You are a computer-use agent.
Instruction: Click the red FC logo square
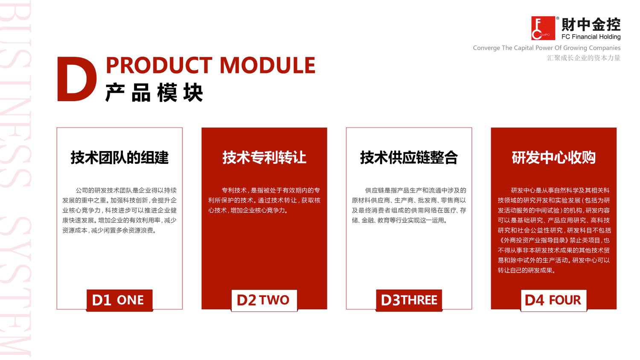pos(543,28)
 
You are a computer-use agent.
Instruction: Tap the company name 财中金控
pos(591,25)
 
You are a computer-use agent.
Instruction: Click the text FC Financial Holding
pos(591,37)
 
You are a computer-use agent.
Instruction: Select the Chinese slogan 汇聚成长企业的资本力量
pos(584,58)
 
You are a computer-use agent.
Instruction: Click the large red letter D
pos(76,79)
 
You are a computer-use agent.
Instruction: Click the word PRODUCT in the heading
pos(159,65)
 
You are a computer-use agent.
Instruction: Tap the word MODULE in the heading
pos(268,65)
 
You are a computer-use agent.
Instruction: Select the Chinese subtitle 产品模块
pos(154,93)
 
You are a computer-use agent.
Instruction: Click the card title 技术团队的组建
pos(119,157)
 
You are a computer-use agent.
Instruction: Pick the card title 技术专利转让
pos(264,157)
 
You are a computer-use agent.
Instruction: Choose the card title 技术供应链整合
pos(409,157)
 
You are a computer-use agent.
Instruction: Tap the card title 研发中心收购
pos(553,157)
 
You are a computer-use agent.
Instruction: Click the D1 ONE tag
pos(119,300)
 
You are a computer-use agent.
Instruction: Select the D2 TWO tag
pos(264,300)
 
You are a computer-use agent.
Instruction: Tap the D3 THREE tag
pos(409,300)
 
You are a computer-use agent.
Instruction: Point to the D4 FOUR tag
pos(553,300)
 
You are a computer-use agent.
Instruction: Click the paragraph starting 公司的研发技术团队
pos(119,210)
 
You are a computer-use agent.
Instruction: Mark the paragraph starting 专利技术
pos(264,200)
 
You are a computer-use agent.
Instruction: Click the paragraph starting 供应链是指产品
pos(409,205)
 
